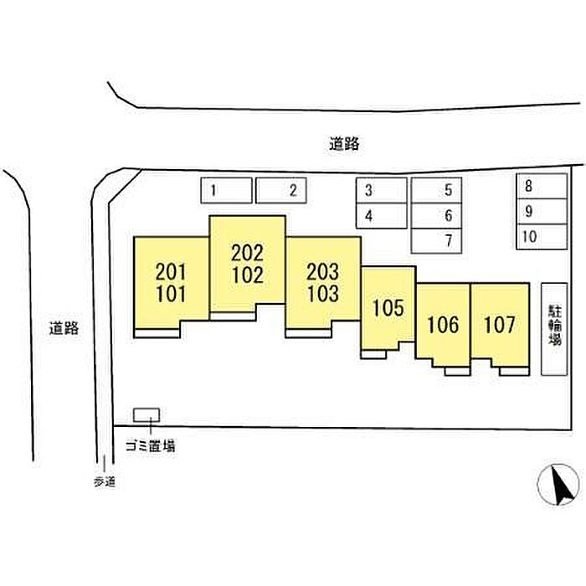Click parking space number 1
tap(226, 191)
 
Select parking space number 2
tap(281, 191)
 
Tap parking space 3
tap(381, 190)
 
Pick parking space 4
tap(381, 215)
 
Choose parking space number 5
tap(436, 190)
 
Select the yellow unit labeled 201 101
tap(171, 282)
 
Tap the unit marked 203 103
tap(323, 282)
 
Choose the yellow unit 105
tap(388, 307)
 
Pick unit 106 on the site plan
tap(443, 324)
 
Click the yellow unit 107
tap(499, 324)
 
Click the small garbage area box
tap(146, 415)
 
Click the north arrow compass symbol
tap(558, 484)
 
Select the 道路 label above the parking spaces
tap(344, 143)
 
